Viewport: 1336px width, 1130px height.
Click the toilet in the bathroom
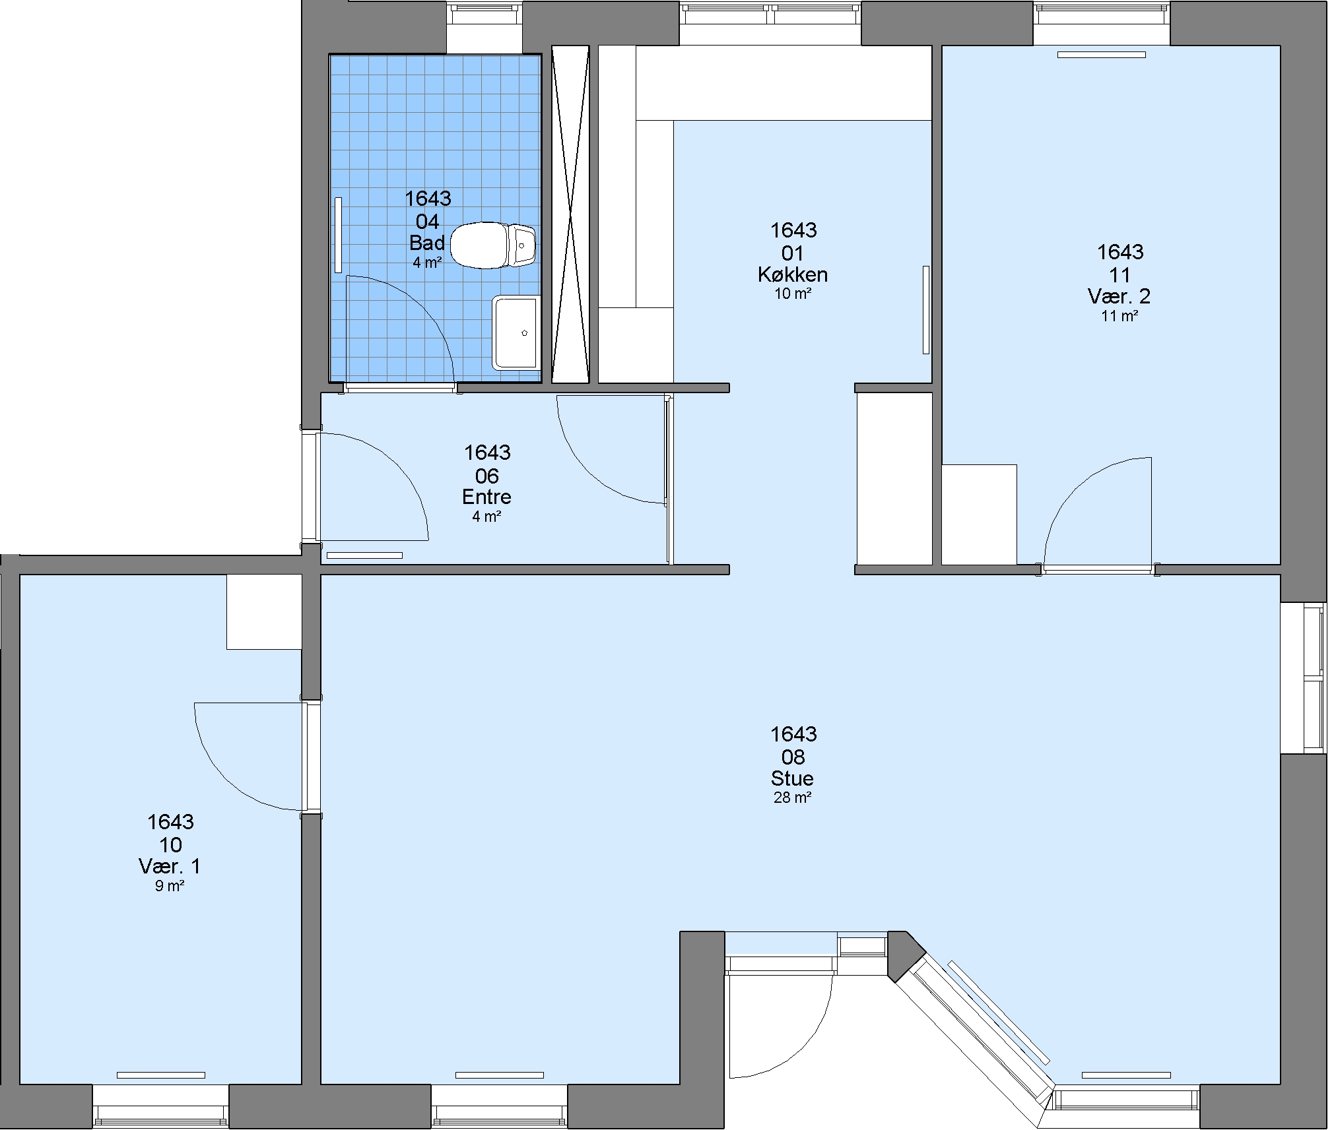pos(492,245)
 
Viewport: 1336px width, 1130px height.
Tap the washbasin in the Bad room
pos(516,332)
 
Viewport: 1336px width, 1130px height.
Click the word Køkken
pos(793,274)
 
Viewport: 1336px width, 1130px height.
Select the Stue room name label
pos(792,778)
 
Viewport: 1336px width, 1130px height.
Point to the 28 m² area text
pos(792,798)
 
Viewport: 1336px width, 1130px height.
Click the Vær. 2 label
pos(1119,296)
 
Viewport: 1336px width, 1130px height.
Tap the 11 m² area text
pos(1119,316)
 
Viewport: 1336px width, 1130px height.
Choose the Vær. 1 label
pos(170,866)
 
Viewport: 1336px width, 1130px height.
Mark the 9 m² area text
pos(170,886)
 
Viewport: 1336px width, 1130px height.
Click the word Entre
pos(486,497)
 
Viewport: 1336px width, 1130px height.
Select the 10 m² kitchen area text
pos(793,294)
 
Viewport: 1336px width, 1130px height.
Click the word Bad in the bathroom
pos(427,243)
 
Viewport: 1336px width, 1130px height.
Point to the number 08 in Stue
pos(793,757)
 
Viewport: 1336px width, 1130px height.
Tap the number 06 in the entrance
pos(487,476)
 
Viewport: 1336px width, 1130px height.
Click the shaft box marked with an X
pos(570,214)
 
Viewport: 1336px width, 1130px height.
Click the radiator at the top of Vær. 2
pos(1101,55)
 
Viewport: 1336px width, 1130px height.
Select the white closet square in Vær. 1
pos(264,612)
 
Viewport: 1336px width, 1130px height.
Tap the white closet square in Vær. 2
pos(979,515)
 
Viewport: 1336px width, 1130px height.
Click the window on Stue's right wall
pos(1304,677)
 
